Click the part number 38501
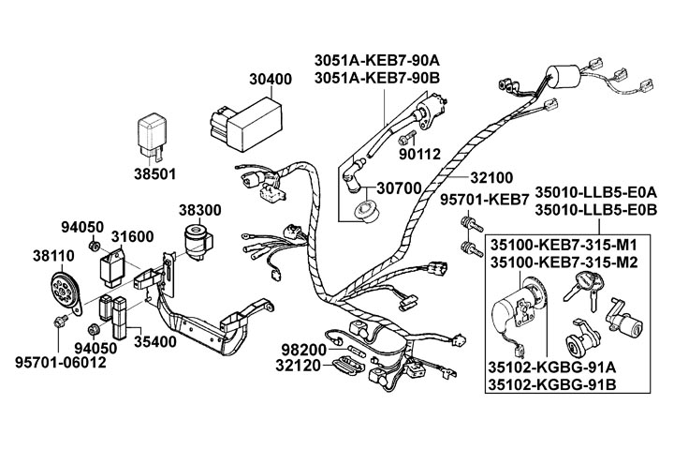click(149, 173)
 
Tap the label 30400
click(270, 81)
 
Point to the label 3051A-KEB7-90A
click(381, 58)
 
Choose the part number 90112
click(420, 153)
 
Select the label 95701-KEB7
click(485, 200)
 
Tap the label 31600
click(134, 236)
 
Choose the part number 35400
click(154, 343)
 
